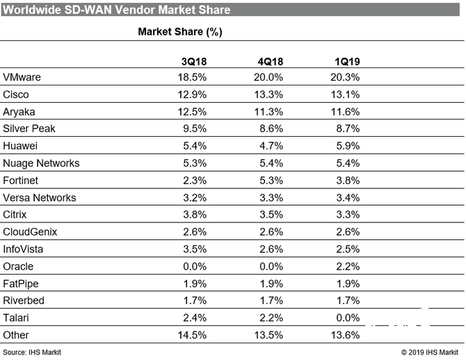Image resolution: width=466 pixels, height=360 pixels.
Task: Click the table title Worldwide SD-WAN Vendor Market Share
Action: (116, 10)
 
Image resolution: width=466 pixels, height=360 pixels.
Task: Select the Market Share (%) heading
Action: (180, 32)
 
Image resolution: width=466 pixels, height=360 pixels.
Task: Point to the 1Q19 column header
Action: (346, 62)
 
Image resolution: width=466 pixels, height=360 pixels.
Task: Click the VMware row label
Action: (22, 77)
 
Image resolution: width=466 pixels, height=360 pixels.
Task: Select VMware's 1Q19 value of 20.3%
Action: (346, 77)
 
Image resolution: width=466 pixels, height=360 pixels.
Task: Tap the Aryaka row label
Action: (19, 111)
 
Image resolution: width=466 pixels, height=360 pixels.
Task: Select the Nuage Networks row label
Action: (42, 163)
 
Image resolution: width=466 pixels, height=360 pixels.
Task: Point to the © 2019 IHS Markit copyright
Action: (431, 353)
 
